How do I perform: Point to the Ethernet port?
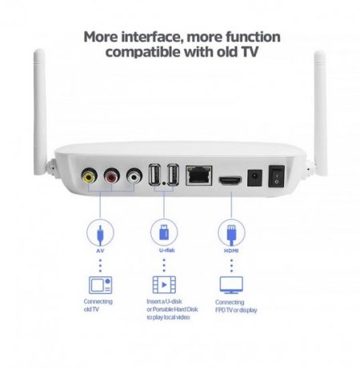point(198,175)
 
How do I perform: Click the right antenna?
point(319,104)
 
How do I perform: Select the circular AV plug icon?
point(98,234)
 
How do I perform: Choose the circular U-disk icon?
point(162,234)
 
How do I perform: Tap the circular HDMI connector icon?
point(228,234)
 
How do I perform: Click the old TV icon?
point(99,284)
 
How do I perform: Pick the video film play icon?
point(162,284)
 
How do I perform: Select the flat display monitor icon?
point(230,284)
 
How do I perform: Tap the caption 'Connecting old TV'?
point(98,305)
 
